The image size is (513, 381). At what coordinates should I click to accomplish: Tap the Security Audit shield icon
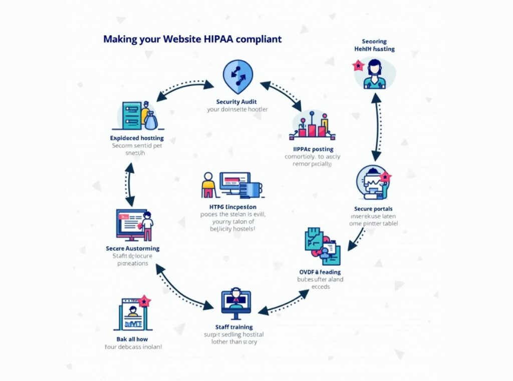click(x=237, y=75)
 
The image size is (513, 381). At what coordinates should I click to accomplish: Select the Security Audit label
click(x=237, y=102)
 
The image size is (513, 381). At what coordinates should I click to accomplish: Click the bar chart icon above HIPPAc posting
click(x=313, y=126)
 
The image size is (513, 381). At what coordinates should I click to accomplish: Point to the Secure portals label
click(x=373, y=208)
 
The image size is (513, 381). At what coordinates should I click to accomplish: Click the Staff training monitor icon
click(x=236, y=304)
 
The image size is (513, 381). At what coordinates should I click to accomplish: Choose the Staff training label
click(x=233, y=327)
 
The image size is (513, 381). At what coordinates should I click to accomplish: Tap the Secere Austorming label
click(x=133, y=248)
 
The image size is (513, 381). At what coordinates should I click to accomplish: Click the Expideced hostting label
click(x=136, y=138)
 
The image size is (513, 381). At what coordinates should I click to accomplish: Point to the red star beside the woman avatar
click(x=358, y=65)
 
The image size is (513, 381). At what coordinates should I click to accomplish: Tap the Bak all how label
click(x=133, y=339)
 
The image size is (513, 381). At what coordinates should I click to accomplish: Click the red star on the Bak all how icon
click(x=144, y=301)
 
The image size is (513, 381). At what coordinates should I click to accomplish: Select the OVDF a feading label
click(x=320, y=271)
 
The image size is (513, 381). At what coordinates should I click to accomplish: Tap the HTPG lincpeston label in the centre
click(x=232, y=207)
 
